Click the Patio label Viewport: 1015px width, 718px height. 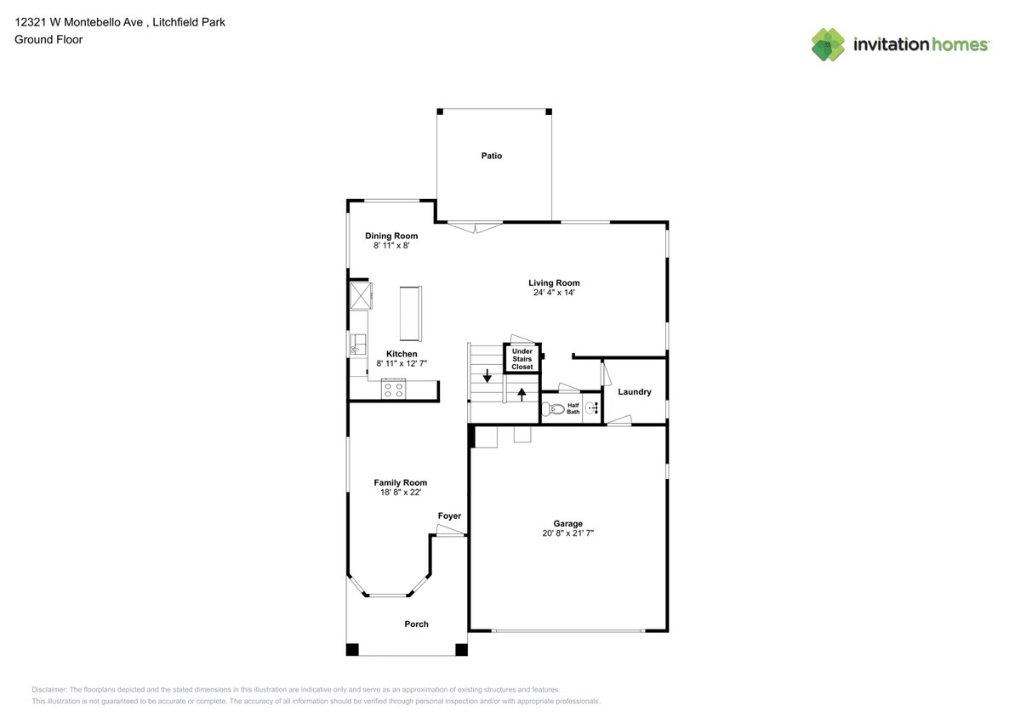click(491, 156)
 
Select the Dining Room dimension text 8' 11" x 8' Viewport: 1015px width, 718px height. click(391, 247)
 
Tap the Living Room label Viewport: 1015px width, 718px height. click(554, 283)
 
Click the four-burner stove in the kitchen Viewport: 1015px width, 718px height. click(393, 390)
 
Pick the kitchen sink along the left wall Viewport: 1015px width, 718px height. click(356, 344)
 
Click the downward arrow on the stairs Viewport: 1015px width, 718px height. click(487, 375)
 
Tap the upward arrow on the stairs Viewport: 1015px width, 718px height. click(522, 394)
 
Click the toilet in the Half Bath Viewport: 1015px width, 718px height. click(555, 409)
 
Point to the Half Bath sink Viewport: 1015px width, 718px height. click(590, 408)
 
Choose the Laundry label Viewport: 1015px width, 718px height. click(635, 392)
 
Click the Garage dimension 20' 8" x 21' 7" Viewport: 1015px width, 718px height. click(567, 534)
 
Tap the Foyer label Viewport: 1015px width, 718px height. click(449, 516)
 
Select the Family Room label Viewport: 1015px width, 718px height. click(400, 482)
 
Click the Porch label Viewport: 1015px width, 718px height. click(416, 624)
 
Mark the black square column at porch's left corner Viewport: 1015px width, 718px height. click(352, 650)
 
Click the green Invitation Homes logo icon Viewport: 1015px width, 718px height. click(828, 44)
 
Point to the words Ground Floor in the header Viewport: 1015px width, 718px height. click(48, 39)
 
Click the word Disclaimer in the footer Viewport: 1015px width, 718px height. click(49, 690)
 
